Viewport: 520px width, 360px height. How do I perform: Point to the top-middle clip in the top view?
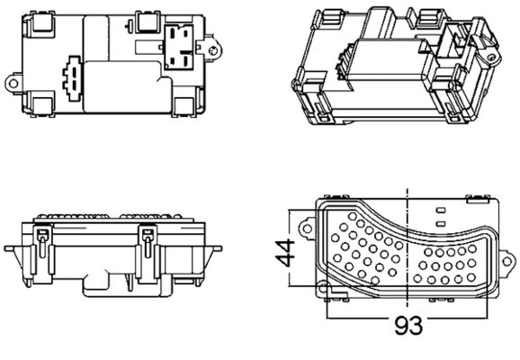tap(144, 18)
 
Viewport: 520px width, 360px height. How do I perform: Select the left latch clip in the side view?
tap(40, 238)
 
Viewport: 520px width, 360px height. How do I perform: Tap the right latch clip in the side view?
tap(148, 238)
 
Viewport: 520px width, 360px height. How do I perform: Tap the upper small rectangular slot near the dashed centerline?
tap(440, 211)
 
